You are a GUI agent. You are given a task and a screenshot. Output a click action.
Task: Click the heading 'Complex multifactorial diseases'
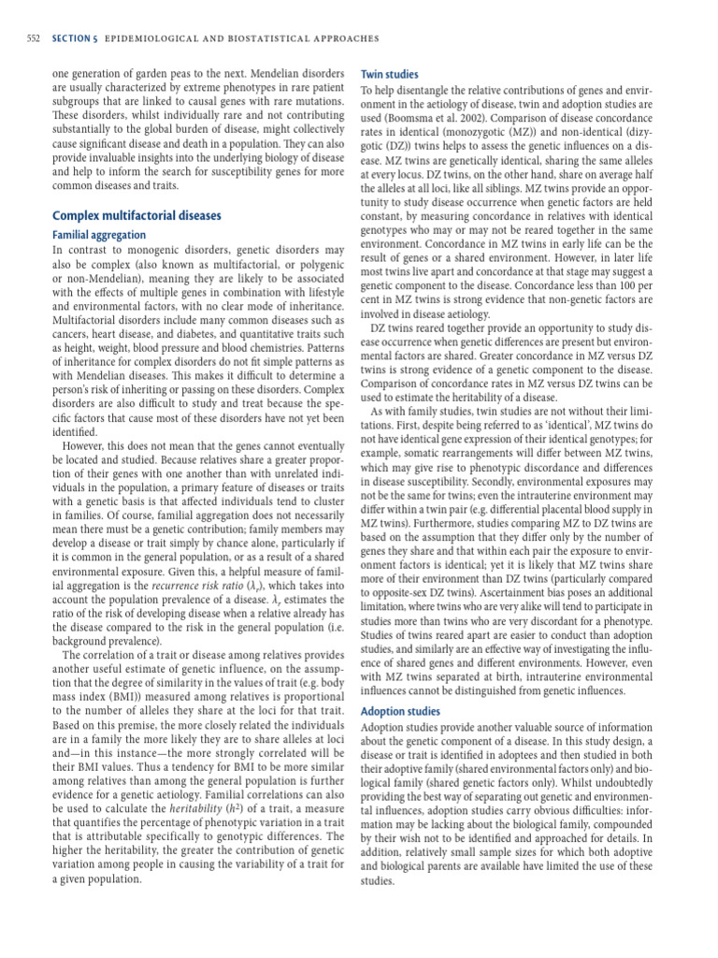coord(136,215)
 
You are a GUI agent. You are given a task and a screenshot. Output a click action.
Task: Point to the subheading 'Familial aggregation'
coord(99,235)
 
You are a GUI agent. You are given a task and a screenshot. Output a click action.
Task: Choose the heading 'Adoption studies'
coord(400,711)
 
